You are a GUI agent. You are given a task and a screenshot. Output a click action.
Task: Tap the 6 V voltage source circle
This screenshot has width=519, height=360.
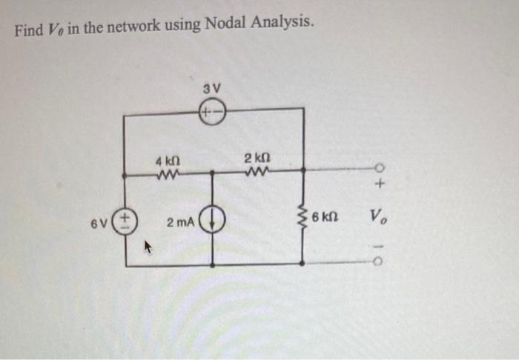125,221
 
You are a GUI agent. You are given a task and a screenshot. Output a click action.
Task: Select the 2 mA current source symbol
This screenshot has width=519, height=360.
214,221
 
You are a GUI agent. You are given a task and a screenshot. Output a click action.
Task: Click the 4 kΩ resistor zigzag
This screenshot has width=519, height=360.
168,176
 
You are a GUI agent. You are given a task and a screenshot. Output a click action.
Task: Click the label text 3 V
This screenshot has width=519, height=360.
211,90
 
